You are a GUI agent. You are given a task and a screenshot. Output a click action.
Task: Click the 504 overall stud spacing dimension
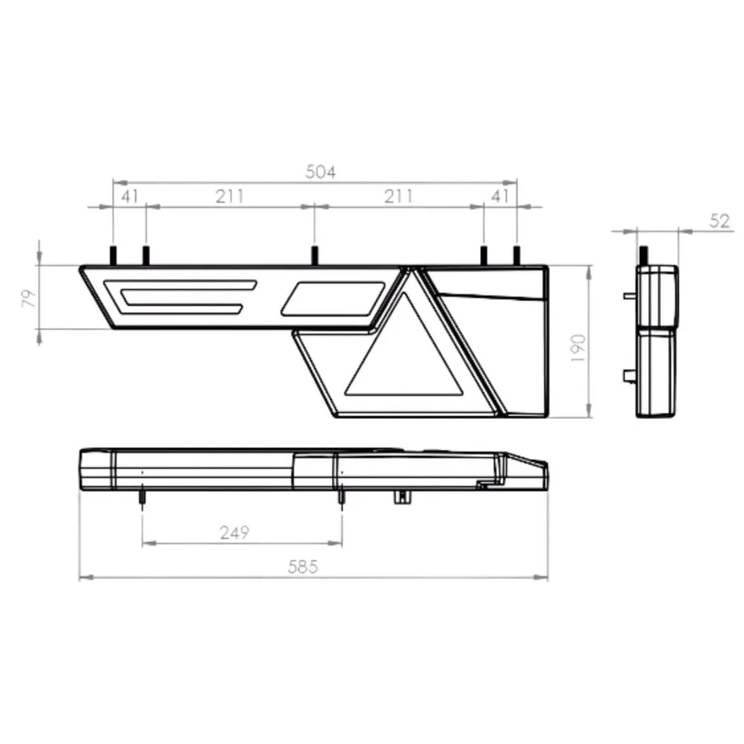pos(320,172)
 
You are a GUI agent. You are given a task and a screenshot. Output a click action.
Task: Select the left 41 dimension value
pos(129,196)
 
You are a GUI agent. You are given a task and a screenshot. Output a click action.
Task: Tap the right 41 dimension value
pos(500,196)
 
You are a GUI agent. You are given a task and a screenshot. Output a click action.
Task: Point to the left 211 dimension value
pos(229,196)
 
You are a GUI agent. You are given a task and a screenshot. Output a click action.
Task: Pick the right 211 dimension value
pos(398,196)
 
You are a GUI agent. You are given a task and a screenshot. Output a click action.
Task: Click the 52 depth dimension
pos(720,221)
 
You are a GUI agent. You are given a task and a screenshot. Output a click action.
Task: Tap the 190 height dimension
pos(578,347)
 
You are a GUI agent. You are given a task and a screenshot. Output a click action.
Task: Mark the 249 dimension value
pos(234,533)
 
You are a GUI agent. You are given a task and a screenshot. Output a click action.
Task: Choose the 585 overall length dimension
pos(302,567)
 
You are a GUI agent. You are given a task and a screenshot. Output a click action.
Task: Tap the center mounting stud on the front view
pos(314,255)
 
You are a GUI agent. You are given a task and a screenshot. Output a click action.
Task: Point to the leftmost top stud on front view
pos(113,255)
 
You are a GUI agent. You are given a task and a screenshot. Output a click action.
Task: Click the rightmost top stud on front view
pos(517,255)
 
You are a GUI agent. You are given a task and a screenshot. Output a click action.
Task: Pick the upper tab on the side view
pos(630,296)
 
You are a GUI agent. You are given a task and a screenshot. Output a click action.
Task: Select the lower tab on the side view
pos(630,376)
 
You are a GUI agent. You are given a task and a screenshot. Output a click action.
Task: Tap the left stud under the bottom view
pos(142,499)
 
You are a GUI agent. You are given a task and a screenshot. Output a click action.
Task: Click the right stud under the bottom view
pos(341,499)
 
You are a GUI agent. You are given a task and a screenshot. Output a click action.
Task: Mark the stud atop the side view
pos(644,255)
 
